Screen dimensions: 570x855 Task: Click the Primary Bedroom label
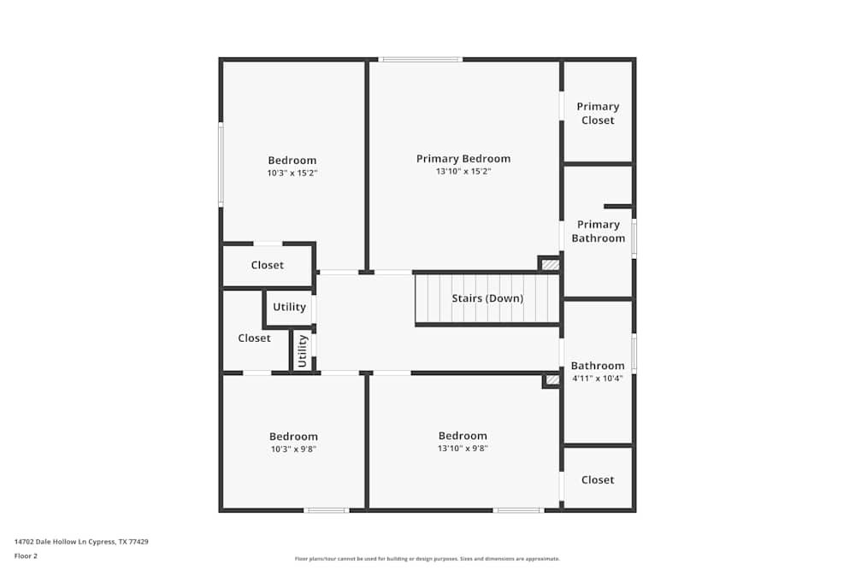click(x=463, y=158)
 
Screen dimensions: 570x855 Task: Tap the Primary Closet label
click(x=598, y=114)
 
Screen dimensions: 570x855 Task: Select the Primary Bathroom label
click(x=598, y=232)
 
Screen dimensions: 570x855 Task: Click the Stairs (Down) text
click(x=487, y=298)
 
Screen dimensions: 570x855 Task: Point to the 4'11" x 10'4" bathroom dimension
click(x=598, y=378)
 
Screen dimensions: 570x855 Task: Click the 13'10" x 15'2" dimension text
click(x=463, y=171)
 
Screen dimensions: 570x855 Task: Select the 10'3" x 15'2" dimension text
click(x=292, y=173)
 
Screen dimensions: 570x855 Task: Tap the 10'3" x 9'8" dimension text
click(x=293, y=449)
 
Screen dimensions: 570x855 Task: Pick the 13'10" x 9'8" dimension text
click(x=463, y=448)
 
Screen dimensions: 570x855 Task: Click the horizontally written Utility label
click(x=289, y=307)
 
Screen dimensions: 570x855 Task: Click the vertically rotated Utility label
click(x=302, y=350)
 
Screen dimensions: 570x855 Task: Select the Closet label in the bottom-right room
click(x=598, y=480)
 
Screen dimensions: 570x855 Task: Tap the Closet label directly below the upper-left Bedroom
click(x=268, y=265)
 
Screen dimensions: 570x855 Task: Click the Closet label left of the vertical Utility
click(x=254, y=338)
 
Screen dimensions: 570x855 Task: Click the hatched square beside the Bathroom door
click(x=552, y=380)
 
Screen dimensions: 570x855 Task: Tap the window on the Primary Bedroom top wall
click(x=421, y=59)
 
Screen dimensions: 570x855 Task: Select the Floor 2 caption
click(x=26, y=555)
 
